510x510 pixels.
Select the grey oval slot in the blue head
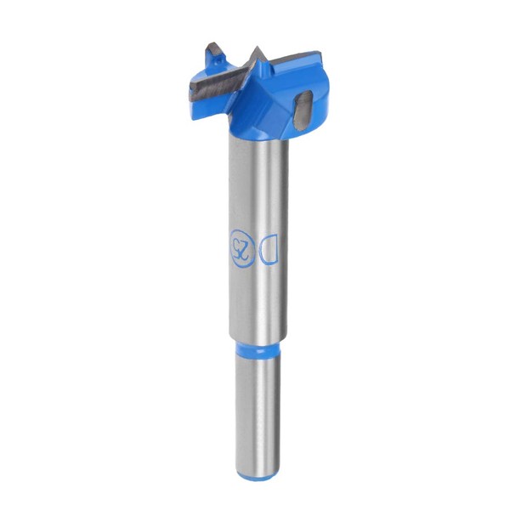coord(303,110)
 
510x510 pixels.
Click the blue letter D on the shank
coord(269,248)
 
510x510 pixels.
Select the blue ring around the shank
coord(258,348)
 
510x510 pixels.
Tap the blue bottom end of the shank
coord(258,475)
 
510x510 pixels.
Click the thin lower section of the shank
coord(258,413)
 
